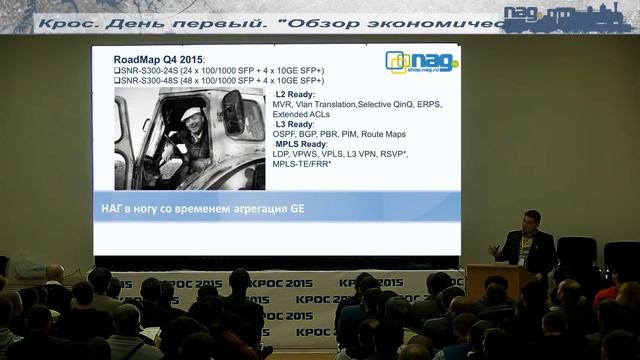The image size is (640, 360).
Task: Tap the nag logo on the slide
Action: pyautogui.click(x=421, y=62)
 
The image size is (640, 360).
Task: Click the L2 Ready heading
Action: pyautogui.click(x=294, y=94)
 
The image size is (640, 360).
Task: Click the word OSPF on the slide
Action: pyautogui.click(x=287, y=134)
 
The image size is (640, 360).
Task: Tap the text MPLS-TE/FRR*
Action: pyautogui.click(x=302, y=164)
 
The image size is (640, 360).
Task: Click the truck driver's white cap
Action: pyautogui.click(x=191, y=113)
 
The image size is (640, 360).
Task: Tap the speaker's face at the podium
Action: pyautogui.click(x=531, y=220)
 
